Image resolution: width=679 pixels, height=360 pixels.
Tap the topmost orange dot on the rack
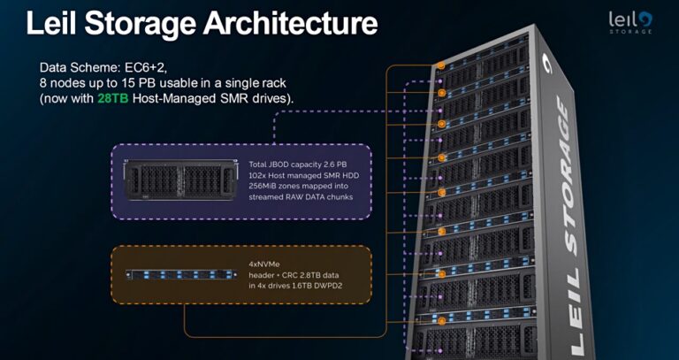(x=439, y=65)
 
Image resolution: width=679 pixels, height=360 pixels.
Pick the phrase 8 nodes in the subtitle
(x=62, y=82)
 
